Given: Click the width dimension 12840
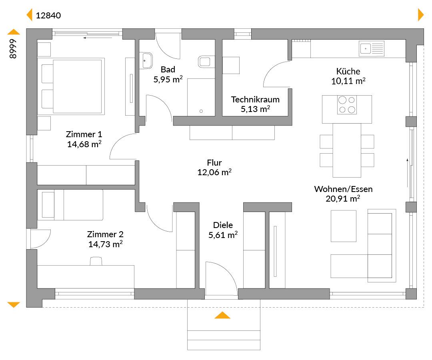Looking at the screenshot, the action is point(48,16).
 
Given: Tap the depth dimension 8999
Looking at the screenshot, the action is point(13,49).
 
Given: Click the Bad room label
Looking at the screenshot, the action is point(168,70).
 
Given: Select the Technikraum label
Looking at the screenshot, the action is point(255,100).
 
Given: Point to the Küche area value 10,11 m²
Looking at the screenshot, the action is point(348,81).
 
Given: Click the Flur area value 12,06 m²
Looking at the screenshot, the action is point(214,172).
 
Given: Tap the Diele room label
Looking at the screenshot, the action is point(223,225).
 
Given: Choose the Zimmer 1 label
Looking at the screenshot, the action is point(84,134).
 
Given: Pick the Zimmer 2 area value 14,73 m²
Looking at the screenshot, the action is point(105,244).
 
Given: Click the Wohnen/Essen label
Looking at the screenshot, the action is point(343,189).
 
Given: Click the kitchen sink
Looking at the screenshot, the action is point(371,49).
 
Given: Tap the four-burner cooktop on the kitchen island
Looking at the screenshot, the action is point(347,105).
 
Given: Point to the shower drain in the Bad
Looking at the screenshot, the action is point(201,111).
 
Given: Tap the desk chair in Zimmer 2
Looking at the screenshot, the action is point(96,261).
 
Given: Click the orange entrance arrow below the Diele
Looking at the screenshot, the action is point(222,315).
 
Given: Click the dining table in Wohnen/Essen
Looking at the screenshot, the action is point(347,150).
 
